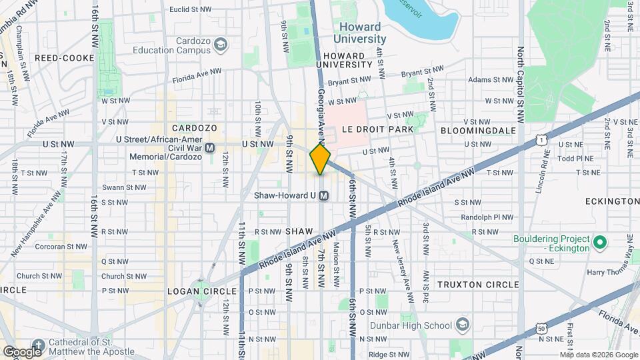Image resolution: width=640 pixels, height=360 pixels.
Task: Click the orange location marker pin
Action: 320,159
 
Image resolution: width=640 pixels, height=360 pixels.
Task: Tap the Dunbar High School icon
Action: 461,325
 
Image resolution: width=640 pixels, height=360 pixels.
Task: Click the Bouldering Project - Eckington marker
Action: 599,243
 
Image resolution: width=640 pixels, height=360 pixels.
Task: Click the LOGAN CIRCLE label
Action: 202,291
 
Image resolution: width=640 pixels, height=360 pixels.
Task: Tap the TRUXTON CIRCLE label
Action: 477,285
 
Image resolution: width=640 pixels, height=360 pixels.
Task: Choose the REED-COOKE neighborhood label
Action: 65,58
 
